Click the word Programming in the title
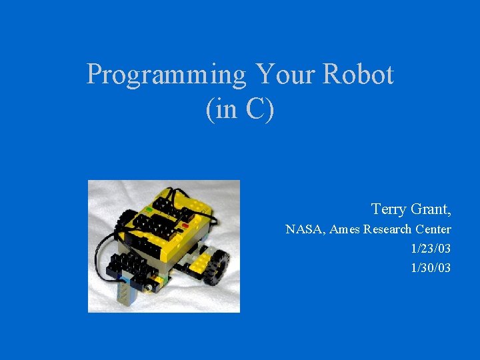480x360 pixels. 166,75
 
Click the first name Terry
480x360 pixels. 388,209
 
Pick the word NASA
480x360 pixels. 303,230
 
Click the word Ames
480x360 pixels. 344,230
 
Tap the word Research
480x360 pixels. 387,230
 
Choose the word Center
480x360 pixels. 433,230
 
